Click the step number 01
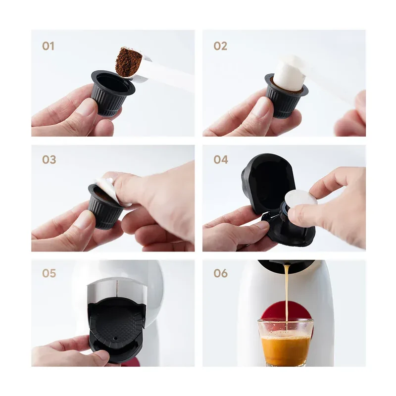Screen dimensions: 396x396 (x=48, y=46)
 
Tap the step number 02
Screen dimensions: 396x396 (x=220, y=46)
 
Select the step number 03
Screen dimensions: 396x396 (x=49, y=159)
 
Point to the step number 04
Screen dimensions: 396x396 (x=221, y=159)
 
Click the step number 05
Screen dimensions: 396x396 (x=49, y=273)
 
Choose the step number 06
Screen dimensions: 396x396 (x=220, y=273)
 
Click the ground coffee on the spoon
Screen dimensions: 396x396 (x=127, y=62)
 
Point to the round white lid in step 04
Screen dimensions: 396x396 (x=301, y=198)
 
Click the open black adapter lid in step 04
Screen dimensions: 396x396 (x=268, y=182)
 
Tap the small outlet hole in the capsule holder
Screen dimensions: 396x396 (x=115, y=339)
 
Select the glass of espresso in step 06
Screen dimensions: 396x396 (x=286, y=342)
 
